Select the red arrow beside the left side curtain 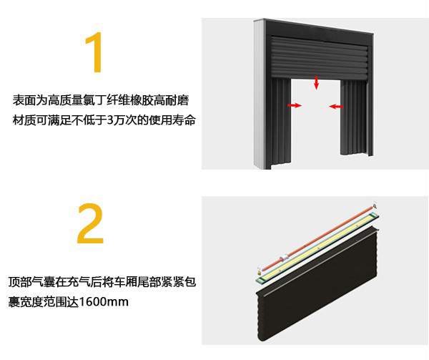coord(294,105)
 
